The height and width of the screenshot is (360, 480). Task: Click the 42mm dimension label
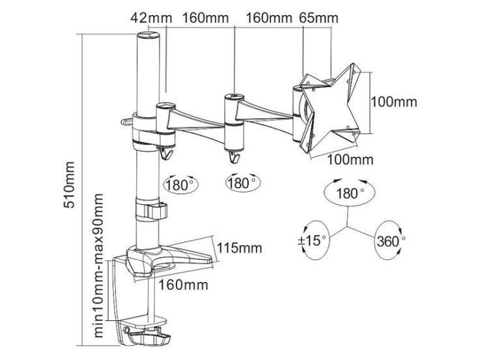(x=151, y=18)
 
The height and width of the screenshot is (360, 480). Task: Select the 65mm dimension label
(x=318, y=18)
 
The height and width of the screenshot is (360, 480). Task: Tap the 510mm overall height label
(x=69, y=185)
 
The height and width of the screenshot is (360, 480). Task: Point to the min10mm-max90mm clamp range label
(x=98, y=266)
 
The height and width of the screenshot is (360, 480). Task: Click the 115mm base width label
(x=240, y=248)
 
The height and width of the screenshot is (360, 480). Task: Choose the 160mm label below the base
(x=183, y=284)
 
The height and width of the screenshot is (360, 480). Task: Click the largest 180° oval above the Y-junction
(x=349, y=193)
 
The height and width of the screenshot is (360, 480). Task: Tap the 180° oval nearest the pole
(x=181, y=185)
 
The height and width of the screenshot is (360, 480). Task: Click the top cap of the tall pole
(x=148, y=35)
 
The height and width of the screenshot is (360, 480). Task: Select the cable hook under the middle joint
(x=234, y=157)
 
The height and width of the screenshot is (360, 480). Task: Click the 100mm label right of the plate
(x=394, y=102)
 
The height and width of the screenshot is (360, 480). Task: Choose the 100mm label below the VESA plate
(x=350, y=159)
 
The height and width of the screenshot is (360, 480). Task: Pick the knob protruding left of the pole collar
(x=126, y=122)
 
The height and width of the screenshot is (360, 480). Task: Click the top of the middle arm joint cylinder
(x=234, y=98)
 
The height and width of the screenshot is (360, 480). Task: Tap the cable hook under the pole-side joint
(x=167, y=153)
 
